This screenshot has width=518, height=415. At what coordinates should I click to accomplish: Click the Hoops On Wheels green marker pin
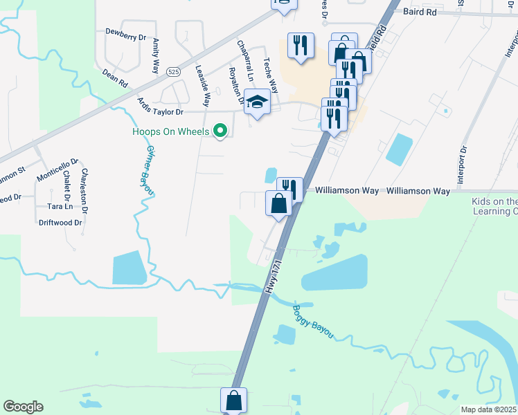221,129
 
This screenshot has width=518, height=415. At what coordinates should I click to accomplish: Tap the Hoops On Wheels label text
170,131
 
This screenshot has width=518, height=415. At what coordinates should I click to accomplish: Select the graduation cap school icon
257,102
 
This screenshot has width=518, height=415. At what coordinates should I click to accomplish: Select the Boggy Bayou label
312,322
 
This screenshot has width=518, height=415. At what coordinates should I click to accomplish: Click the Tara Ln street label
60,206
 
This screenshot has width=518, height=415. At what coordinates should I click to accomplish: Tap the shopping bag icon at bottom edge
234,400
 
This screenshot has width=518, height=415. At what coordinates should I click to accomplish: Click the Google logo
23,407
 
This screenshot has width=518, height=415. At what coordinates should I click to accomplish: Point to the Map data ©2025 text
489,409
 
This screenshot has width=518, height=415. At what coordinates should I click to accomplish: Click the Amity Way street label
156,56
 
